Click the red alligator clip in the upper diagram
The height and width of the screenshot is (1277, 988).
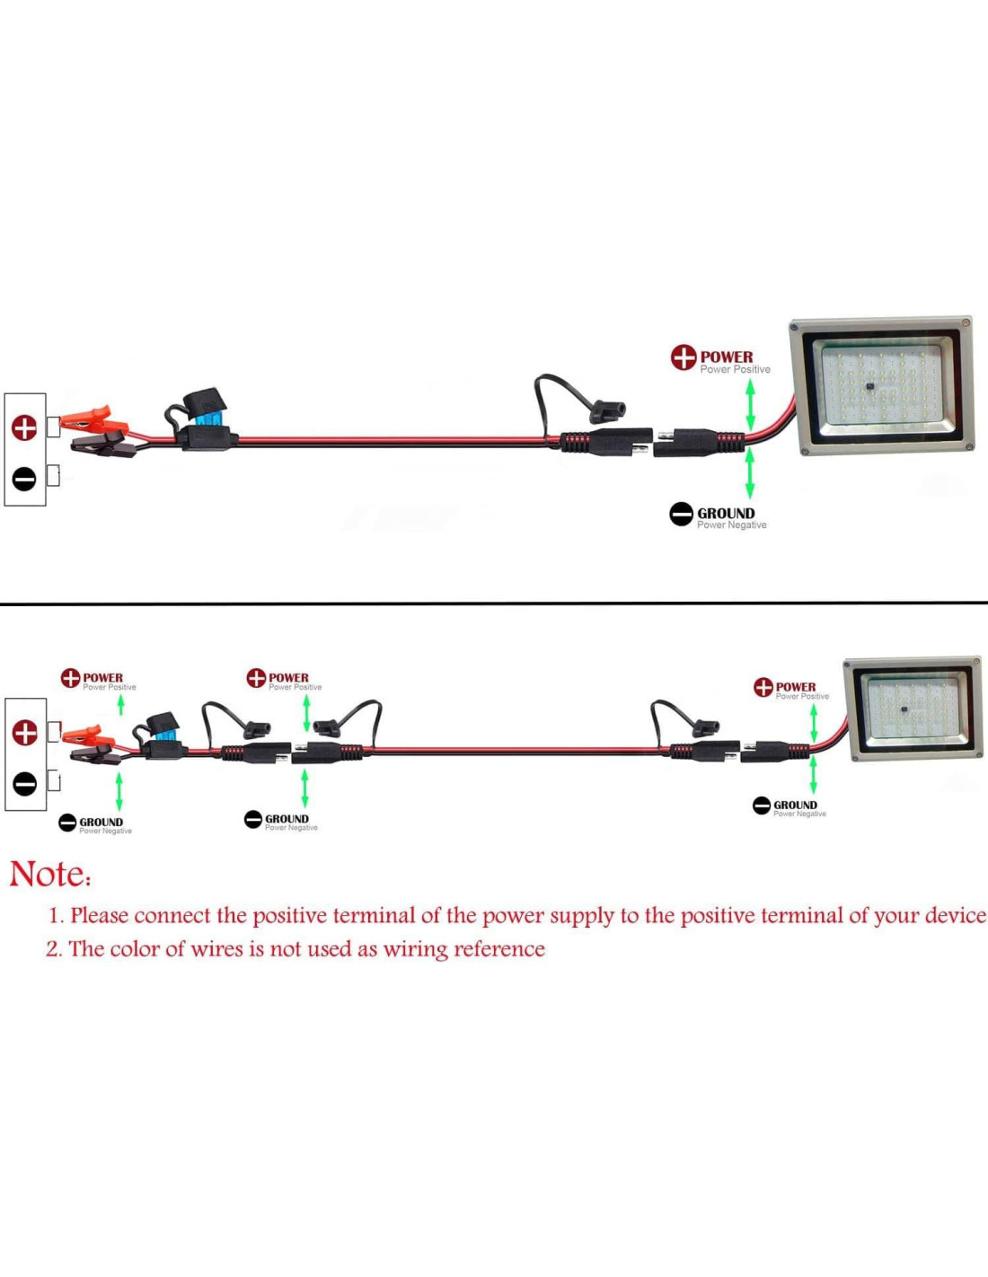point(90,419)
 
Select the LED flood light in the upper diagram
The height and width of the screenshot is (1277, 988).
point(882,385)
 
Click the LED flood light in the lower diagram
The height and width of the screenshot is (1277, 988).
point(913,708)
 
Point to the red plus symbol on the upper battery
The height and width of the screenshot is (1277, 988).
point(24,428)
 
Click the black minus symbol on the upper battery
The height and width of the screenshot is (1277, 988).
point(24,479)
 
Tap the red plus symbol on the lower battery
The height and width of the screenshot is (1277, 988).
point(24,733)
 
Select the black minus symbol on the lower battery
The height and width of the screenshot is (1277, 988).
point(24,783)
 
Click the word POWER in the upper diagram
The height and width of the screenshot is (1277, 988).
point(727,357)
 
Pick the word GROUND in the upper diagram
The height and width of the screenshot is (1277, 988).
point(726,514)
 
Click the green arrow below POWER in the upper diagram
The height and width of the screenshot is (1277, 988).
point(751,404)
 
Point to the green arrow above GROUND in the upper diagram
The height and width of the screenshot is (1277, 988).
point(750,472)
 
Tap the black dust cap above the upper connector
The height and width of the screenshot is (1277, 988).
point(606,412)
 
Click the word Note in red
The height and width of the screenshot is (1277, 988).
point(49,874)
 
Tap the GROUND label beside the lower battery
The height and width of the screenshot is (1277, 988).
point(101,822)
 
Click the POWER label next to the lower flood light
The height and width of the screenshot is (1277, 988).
point(796,687)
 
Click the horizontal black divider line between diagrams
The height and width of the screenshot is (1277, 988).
point(494,603)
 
